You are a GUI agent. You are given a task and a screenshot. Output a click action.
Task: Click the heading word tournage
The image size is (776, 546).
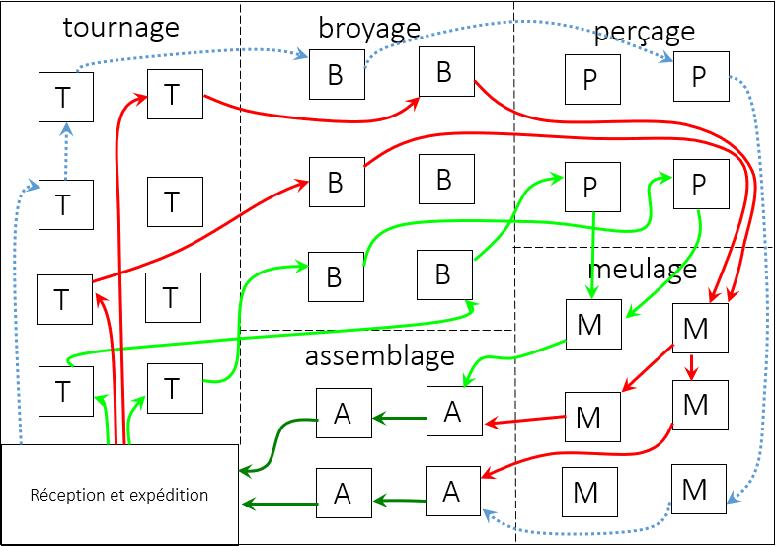click(120, 27)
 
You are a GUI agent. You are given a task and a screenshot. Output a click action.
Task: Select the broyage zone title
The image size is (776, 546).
click(368, 28)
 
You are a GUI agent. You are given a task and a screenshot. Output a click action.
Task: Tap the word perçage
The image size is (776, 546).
click(644, 32)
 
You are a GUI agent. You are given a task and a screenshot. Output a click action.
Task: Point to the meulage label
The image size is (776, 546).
click(642, 268)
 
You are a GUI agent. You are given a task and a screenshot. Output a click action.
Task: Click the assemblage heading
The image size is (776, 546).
click(379, 354)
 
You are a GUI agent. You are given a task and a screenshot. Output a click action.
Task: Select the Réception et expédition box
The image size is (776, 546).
click(119, 494)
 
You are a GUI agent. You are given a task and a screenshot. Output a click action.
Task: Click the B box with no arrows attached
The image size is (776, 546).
click(443, 179)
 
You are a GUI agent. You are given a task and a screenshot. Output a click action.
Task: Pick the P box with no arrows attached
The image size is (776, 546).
click(589, 79)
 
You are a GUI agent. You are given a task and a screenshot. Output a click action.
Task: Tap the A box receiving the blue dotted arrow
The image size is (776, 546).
click(452, 491)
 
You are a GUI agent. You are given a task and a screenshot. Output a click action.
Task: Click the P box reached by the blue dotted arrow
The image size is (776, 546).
click(699, 76)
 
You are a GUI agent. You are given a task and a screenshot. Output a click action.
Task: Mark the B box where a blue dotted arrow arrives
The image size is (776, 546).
click(336, 75)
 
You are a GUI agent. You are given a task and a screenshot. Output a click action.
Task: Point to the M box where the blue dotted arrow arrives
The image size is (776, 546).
click(697, 489)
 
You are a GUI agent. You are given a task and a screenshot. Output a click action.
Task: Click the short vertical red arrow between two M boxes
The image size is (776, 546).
click(692, 367)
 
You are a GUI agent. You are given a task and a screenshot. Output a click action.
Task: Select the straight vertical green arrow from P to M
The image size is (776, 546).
click(592, 255)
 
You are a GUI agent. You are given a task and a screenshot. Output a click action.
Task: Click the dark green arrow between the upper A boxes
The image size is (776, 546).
click(399, 419)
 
